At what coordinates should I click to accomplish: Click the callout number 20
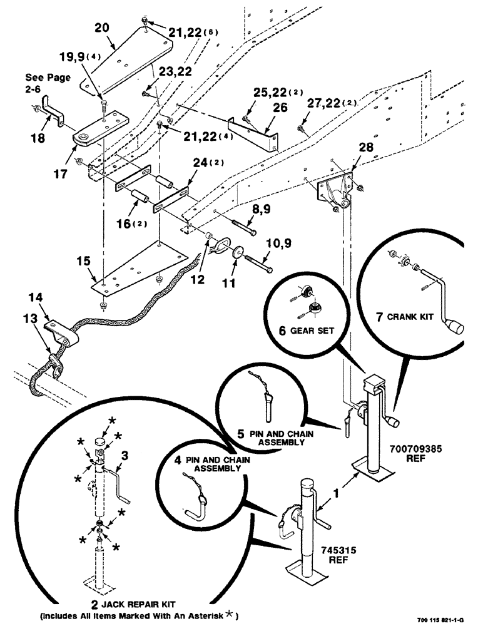pyautogui.click(x=101, y=28)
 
